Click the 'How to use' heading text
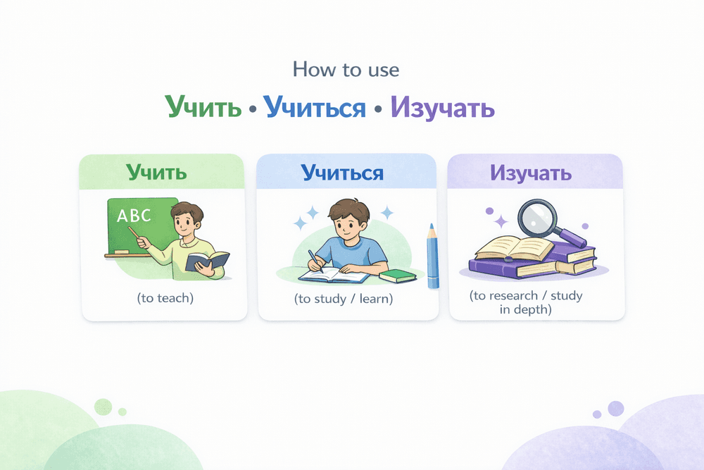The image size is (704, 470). coord(346,70)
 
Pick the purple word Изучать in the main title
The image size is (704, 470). coord(443,107)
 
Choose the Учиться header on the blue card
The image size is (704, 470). coord(343,172)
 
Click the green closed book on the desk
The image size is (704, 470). coord(398,275)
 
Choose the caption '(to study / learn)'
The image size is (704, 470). coord(343,299)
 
